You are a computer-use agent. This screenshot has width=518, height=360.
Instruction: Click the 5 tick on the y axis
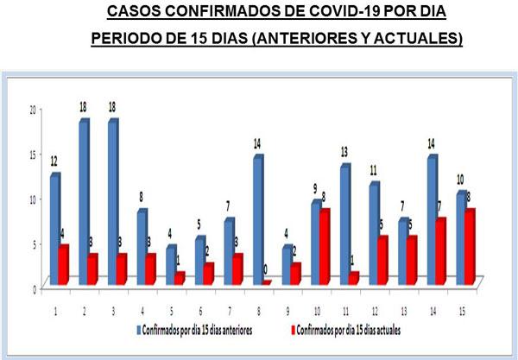pyautogui.click(x=34, y=243)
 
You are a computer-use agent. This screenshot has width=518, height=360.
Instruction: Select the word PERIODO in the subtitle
pyautogui.click(x=127, y=39)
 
